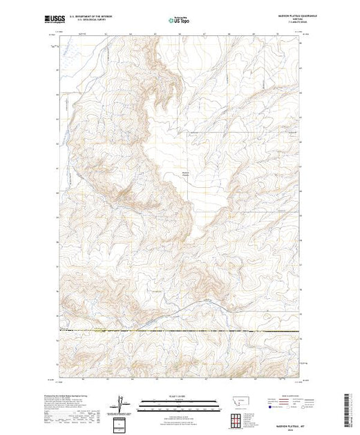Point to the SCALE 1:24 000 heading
click(180, 396)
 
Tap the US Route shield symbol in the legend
click(280, 408)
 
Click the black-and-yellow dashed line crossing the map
click(180, 332)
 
